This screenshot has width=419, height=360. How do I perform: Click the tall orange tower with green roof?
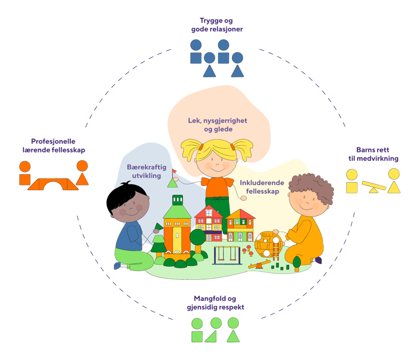click(x=177, y=225)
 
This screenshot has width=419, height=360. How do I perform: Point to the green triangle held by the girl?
click(x=172, y=183)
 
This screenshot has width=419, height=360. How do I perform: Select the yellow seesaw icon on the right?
click(x=373, y=187)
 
